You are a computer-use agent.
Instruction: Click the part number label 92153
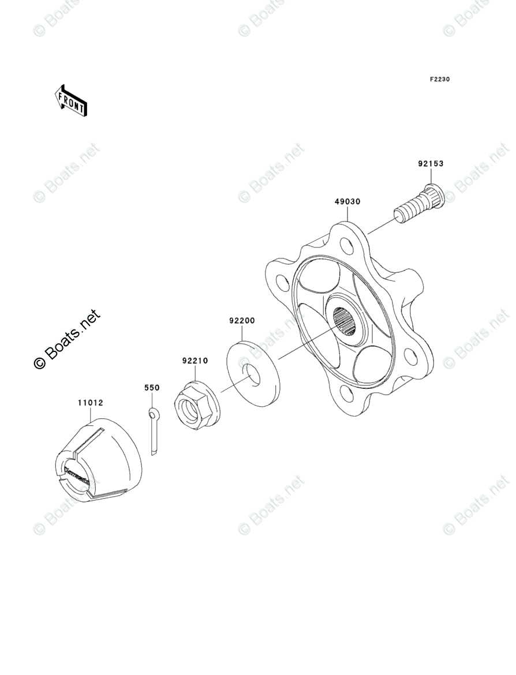tap(431, 164)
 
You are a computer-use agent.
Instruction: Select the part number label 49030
tap(347, 202)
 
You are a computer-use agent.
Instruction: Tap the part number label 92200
tap(242, 320)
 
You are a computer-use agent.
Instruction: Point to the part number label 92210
tap(195, 361)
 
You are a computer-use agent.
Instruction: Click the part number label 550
tap(152, 388)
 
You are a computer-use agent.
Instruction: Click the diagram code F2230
tap(439, 79)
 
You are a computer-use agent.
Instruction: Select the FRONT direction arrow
tap(71, 100)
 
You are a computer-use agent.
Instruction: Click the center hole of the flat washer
tap(253, 374)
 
